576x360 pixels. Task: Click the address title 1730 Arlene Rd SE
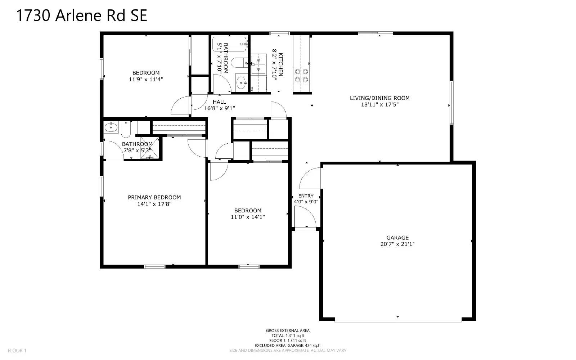82,16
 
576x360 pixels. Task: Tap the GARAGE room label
397,238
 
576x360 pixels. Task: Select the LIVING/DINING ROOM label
380,98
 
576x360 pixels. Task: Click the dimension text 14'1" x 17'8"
154,204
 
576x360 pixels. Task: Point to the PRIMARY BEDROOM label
154,197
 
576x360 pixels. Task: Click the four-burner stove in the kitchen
301,76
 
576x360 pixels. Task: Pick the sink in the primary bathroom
111,127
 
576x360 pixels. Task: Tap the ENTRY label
306,196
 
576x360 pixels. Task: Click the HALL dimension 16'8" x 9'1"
220,108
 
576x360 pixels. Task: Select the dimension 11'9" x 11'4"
146,79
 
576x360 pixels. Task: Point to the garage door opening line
398,321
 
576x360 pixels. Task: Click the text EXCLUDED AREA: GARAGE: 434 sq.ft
288,346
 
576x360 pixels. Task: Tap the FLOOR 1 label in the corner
17,351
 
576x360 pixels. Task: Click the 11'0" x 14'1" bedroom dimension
248,217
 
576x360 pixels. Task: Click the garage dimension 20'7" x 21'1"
397,244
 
